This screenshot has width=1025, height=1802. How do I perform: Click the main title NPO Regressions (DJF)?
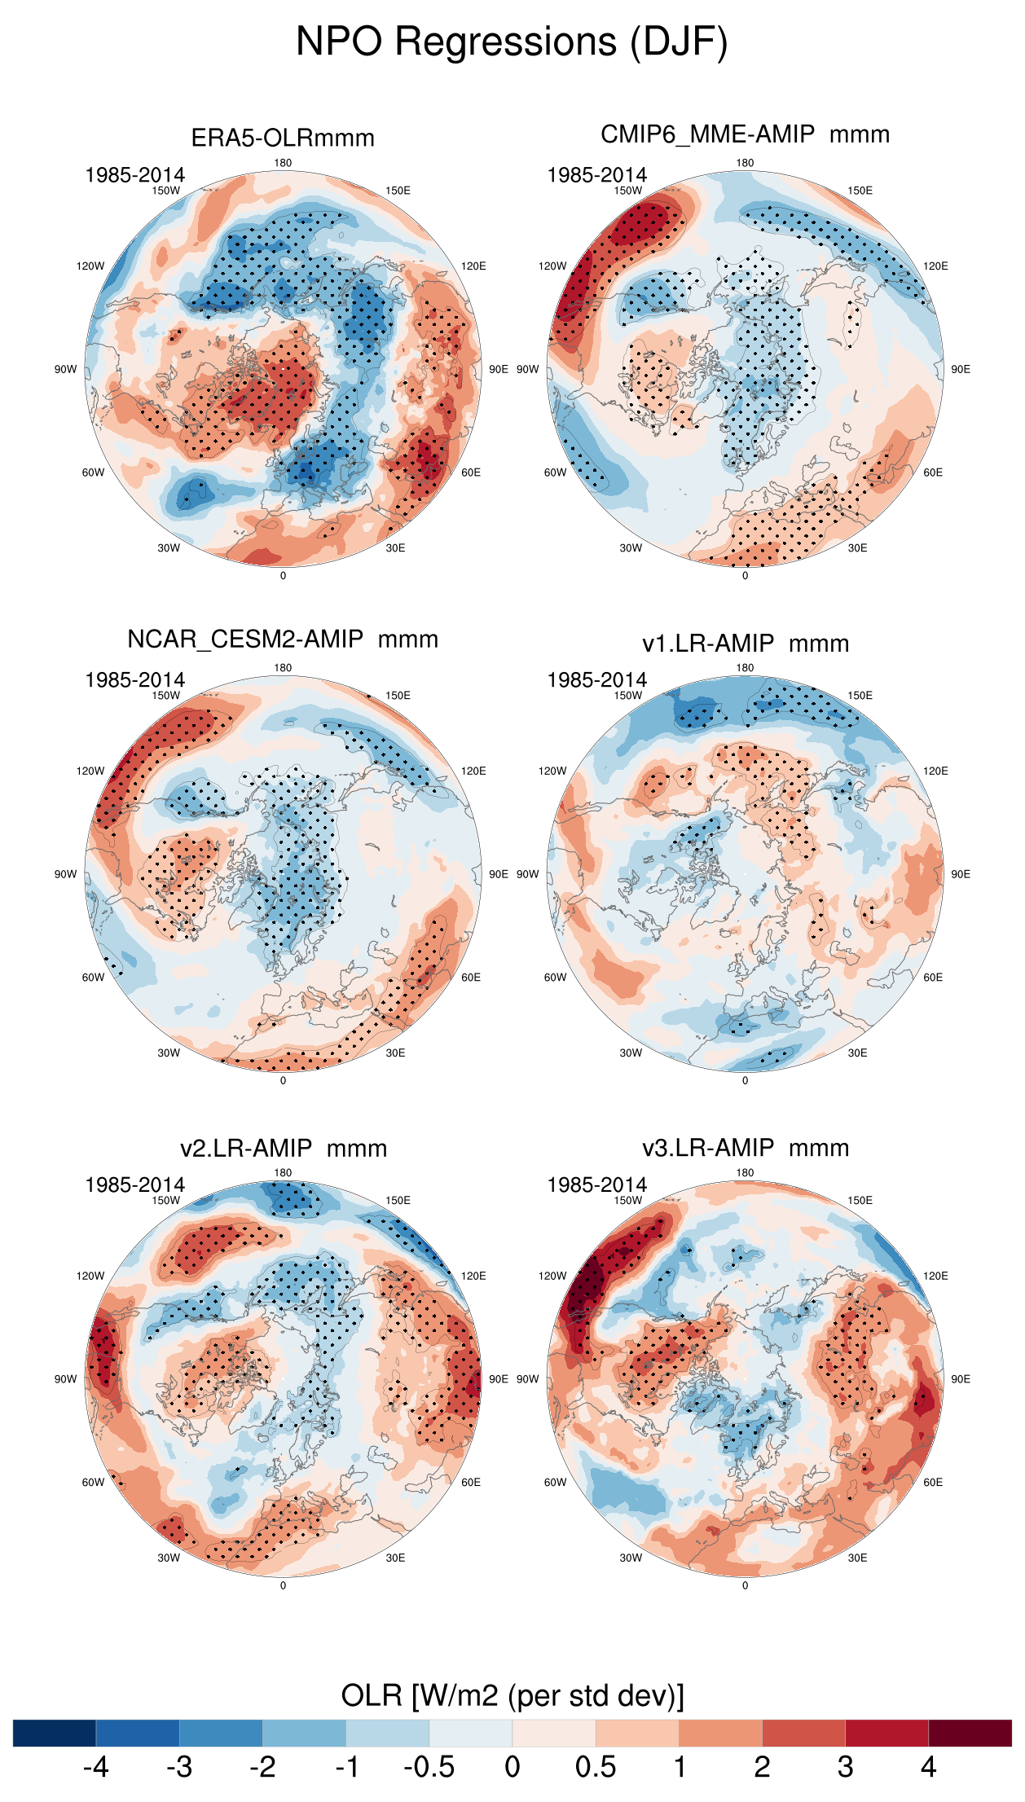[512, 42]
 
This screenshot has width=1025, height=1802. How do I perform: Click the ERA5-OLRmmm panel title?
[283, 138]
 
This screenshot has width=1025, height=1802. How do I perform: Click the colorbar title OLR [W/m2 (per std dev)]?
[512, 1696]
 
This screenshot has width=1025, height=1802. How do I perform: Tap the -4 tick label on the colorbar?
[95, 1768]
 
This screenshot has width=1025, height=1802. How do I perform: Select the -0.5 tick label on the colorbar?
[429, 1768]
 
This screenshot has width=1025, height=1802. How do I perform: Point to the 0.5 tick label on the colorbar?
[596, 1768]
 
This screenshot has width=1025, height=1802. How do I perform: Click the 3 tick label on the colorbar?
[845, 1768]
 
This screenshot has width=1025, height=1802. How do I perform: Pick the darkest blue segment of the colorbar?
[55, 1734]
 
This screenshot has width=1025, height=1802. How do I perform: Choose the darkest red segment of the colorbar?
[970, 1734]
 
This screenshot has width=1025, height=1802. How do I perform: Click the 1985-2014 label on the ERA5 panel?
[135, 175]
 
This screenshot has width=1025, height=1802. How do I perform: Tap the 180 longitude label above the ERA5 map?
[283, 163]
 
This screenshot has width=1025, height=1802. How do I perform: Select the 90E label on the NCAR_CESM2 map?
[498, 874]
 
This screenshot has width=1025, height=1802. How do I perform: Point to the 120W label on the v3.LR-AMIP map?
[552, 1276]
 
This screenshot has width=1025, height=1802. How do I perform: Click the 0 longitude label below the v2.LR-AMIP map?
[283, 1585]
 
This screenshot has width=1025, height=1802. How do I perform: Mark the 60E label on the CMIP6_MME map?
[933, 472]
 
